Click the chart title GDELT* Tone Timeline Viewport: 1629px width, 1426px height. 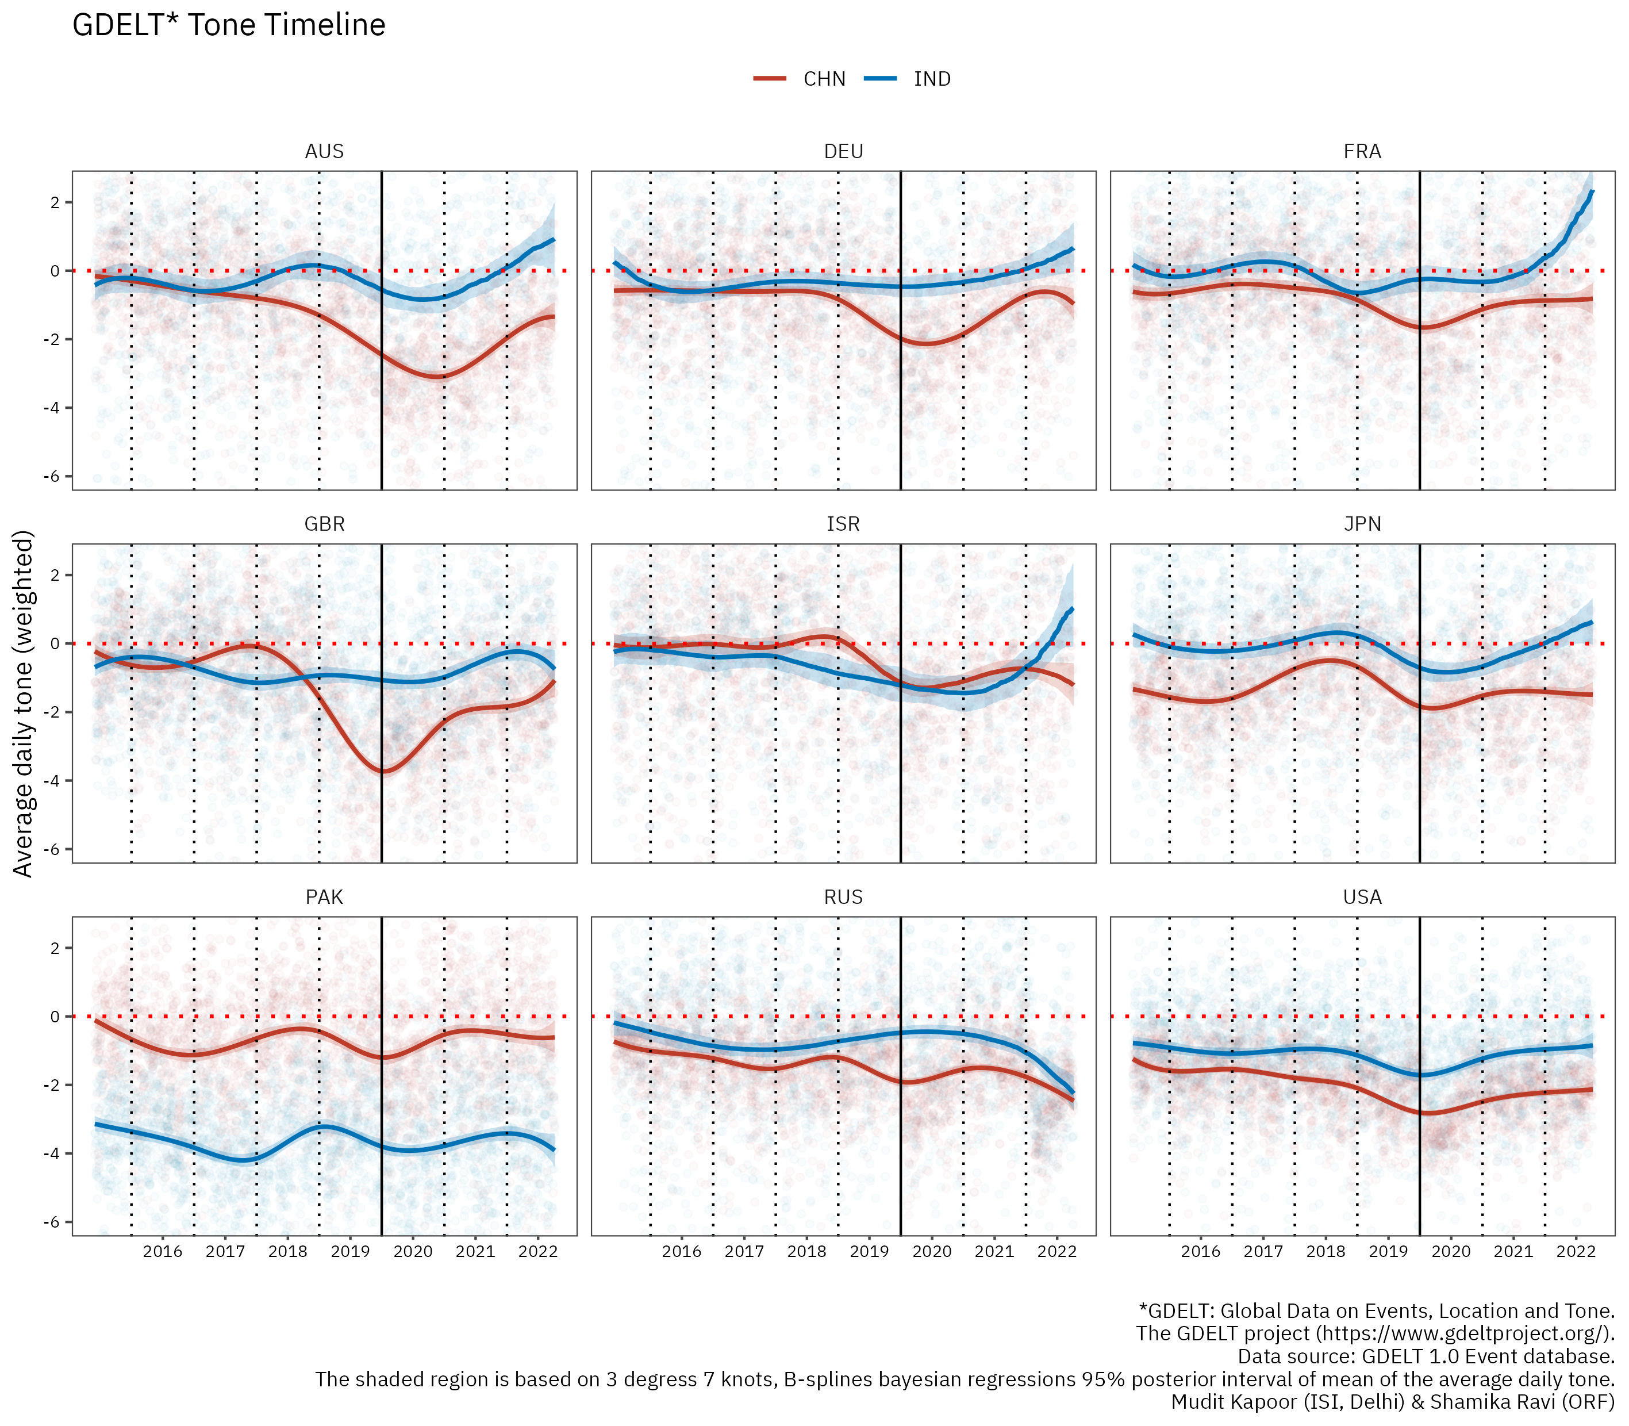click(229, 25)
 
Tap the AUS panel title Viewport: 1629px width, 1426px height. click(325, 151)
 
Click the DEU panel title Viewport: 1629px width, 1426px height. click(843, 151)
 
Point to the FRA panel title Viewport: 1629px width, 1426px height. click(1362, 151)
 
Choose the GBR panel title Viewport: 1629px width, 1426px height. click(325, 524)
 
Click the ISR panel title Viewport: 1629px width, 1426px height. click(843, 524)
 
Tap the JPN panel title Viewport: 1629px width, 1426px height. click(1362, 524)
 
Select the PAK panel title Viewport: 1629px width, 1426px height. click(325, 897)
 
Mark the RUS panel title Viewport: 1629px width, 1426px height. click(843, 897)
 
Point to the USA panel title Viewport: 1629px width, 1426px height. click(1362, 897)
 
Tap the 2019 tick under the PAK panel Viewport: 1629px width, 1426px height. click(350, 1252)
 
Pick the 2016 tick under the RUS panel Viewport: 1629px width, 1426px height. click(682, 1252)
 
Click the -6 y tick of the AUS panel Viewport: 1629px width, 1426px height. click(54, 477)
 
